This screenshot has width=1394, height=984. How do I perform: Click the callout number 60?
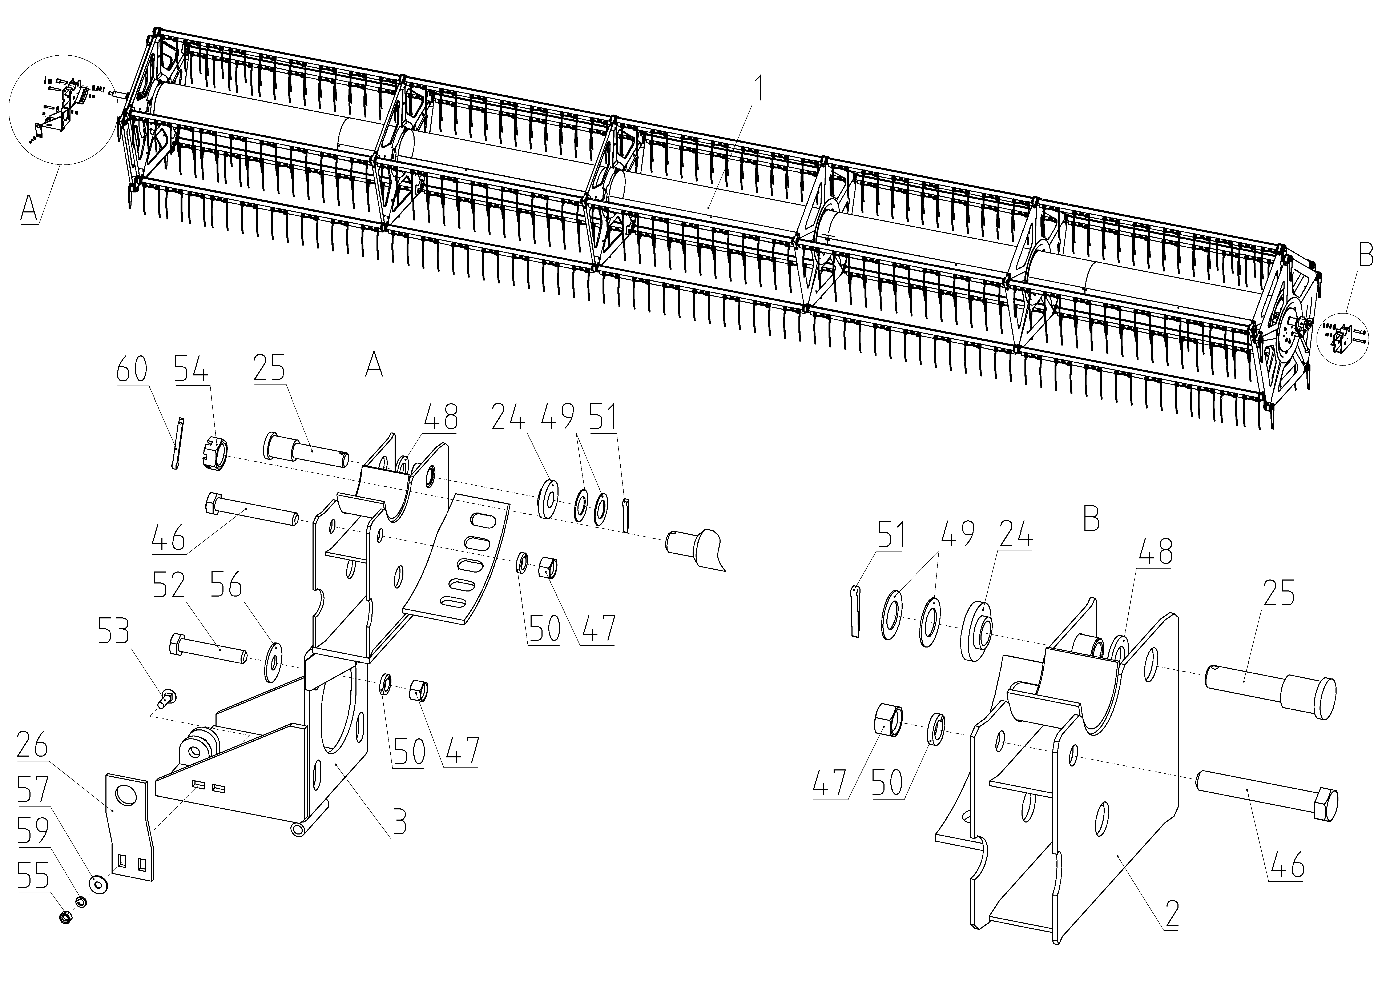[132, 370]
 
